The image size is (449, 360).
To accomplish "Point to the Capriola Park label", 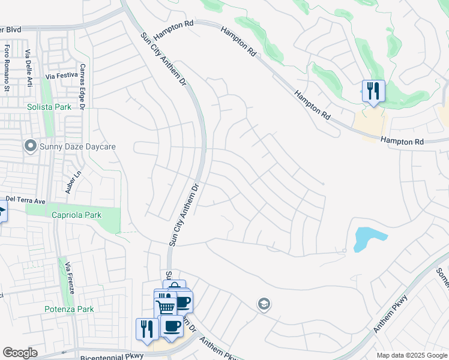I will pos(76,215).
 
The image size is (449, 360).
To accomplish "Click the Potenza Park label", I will pos(69,310).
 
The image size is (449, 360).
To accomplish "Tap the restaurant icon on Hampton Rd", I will pos(373,91).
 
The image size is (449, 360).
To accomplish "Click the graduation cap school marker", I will pos(264,305).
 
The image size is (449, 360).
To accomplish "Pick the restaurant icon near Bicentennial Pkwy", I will pos(146,329).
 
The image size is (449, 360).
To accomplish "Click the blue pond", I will pos(366,238).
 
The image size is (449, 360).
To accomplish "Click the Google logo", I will pos(20,353).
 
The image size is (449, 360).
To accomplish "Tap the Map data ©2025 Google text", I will pos(411,355).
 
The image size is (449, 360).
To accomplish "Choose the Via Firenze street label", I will pos(69,278).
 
